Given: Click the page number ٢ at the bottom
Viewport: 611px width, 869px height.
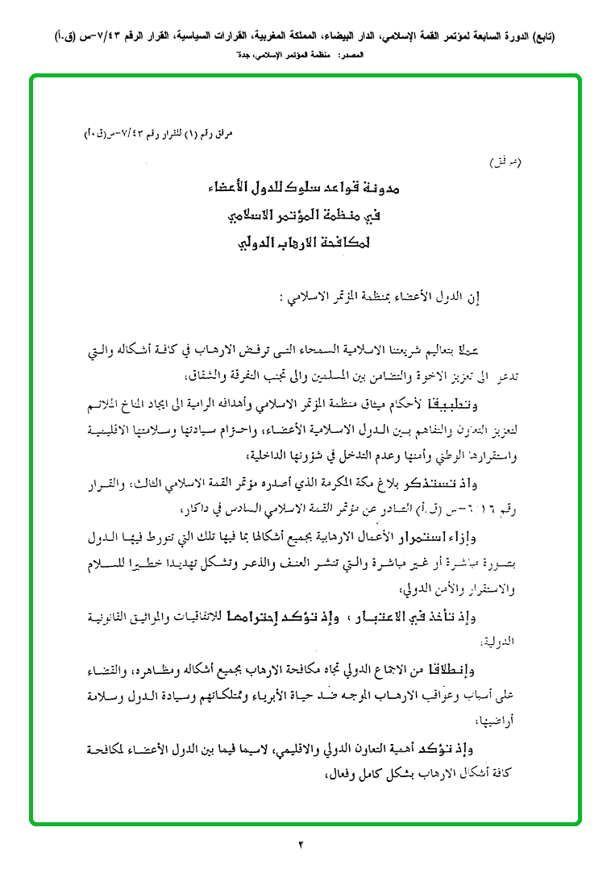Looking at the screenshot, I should tap(300, 845).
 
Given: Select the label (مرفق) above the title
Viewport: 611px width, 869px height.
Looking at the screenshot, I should tap(506, 163).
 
